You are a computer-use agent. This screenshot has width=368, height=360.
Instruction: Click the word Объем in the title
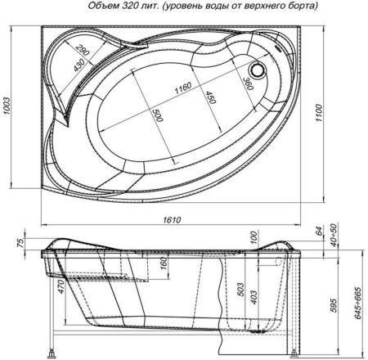(x=102, y=7)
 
